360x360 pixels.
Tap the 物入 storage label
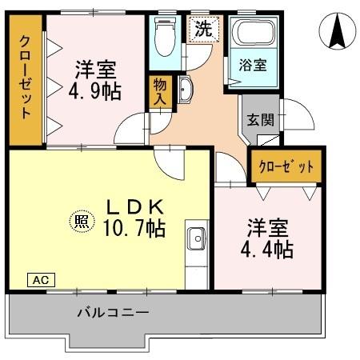[x=159, y=92]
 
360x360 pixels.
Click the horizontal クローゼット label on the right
[x=286, y=167]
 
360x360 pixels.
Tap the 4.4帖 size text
[x=268, y=249]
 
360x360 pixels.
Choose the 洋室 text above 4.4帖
[x=267, y=226]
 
